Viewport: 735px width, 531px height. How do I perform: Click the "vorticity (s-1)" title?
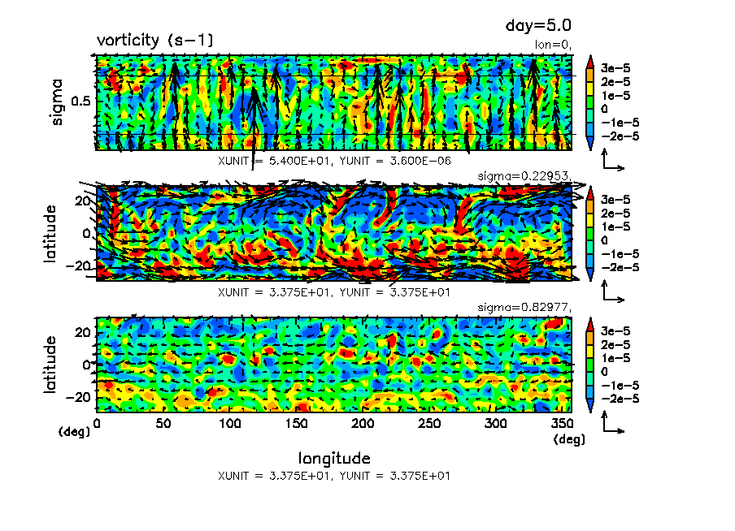point(155,40)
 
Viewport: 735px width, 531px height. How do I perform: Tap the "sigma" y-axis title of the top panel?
point(58,101)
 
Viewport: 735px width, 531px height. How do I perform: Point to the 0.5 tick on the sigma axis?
point(81,101)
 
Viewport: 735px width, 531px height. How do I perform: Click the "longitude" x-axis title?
point(334,458)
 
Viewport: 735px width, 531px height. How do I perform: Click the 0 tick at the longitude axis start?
point(98,423)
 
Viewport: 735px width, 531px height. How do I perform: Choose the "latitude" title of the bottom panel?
point(50,365)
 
